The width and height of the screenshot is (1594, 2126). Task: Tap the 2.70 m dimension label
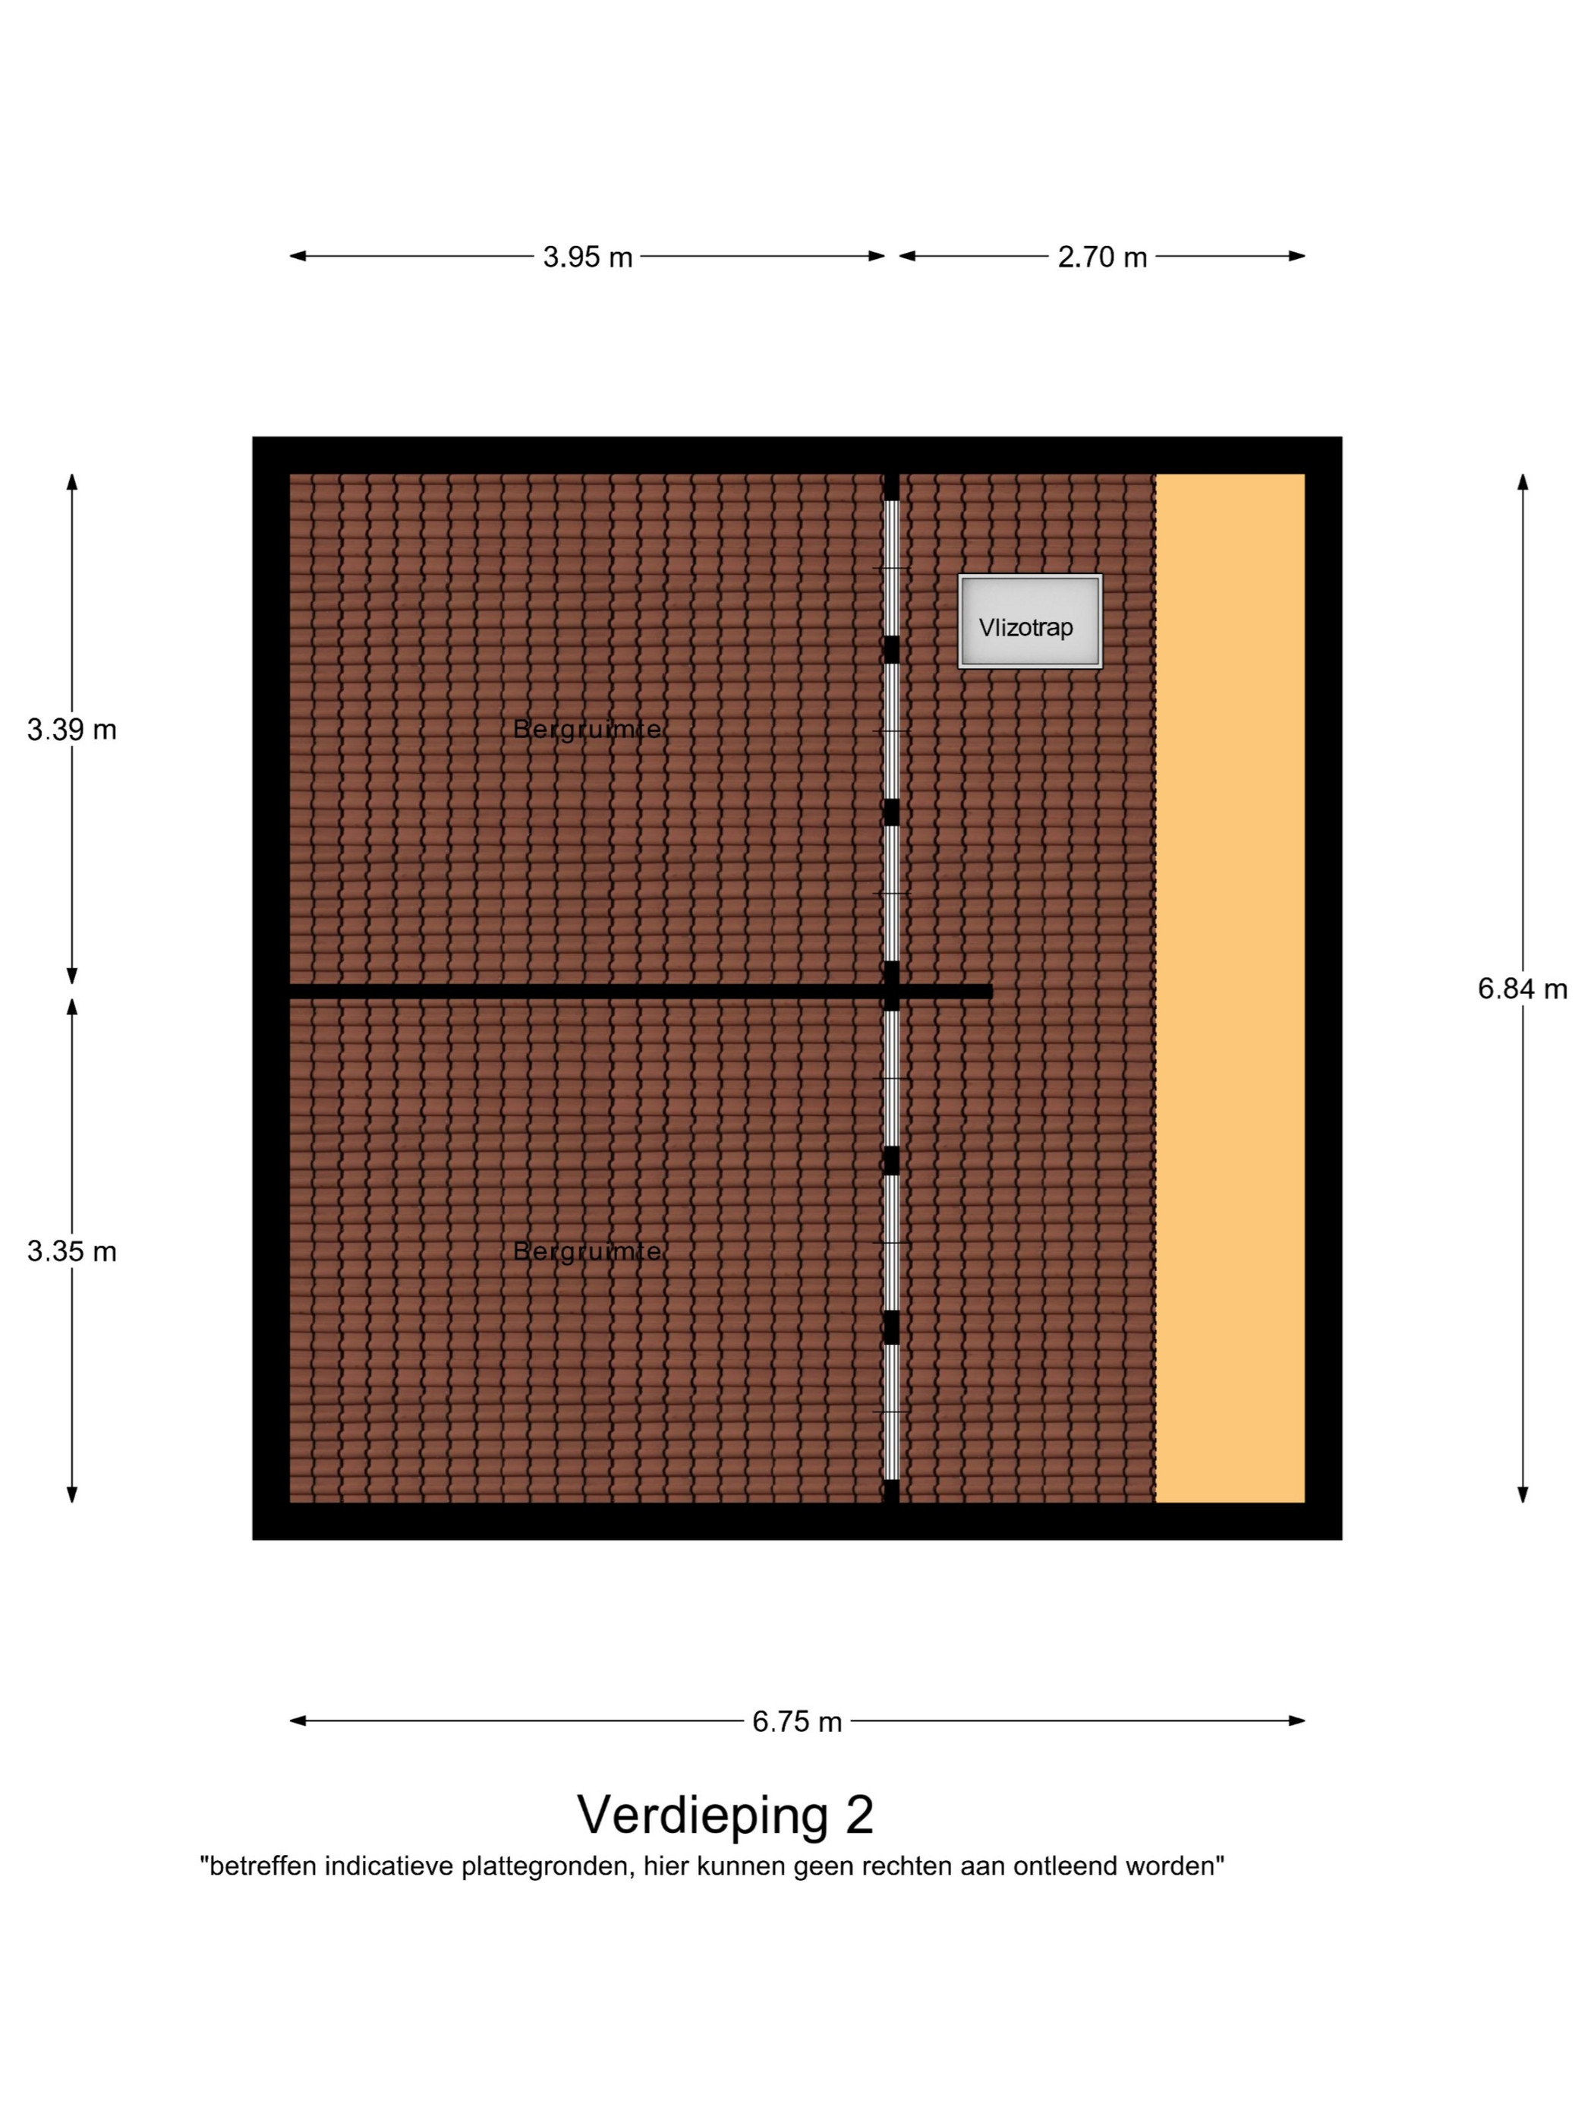1102,257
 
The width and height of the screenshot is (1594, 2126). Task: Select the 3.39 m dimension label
72,730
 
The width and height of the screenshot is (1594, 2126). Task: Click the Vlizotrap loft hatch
1030,621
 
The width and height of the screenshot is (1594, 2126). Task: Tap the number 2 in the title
860,1815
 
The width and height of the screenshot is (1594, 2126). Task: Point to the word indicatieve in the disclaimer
389,1866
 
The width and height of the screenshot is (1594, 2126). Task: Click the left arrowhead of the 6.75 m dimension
298,1721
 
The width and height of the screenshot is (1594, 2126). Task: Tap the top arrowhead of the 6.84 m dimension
1522,482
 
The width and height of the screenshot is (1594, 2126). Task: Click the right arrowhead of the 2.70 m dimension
1296,256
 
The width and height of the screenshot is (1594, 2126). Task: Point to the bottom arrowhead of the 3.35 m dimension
72,1494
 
